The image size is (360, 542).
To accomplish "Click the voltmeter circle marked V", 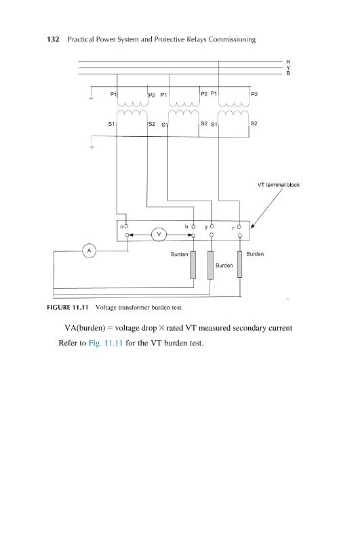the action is tap(159, 234).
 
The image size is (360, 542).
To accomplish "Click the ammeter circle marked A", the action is tap(89, 251).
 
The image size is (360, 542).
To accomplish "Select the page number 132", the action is tap(53, 39).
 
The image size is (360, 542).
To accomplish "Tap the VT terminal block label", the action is tap(279, 185).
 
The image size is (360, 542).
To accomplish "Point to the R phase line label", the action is tap(288, 62).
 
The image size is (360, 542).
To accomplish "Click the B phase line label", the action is tap(288, 73).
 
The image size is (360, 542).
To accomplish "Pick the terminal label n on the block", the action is tap(122, 227).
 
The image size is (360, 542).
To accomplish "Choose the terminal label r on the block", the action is tap(233, 228).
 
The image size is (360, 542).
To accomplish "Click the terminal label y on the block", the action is tap(206, 227).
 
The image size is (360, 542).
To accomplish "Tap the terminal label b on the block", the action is tap(186, 226).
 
